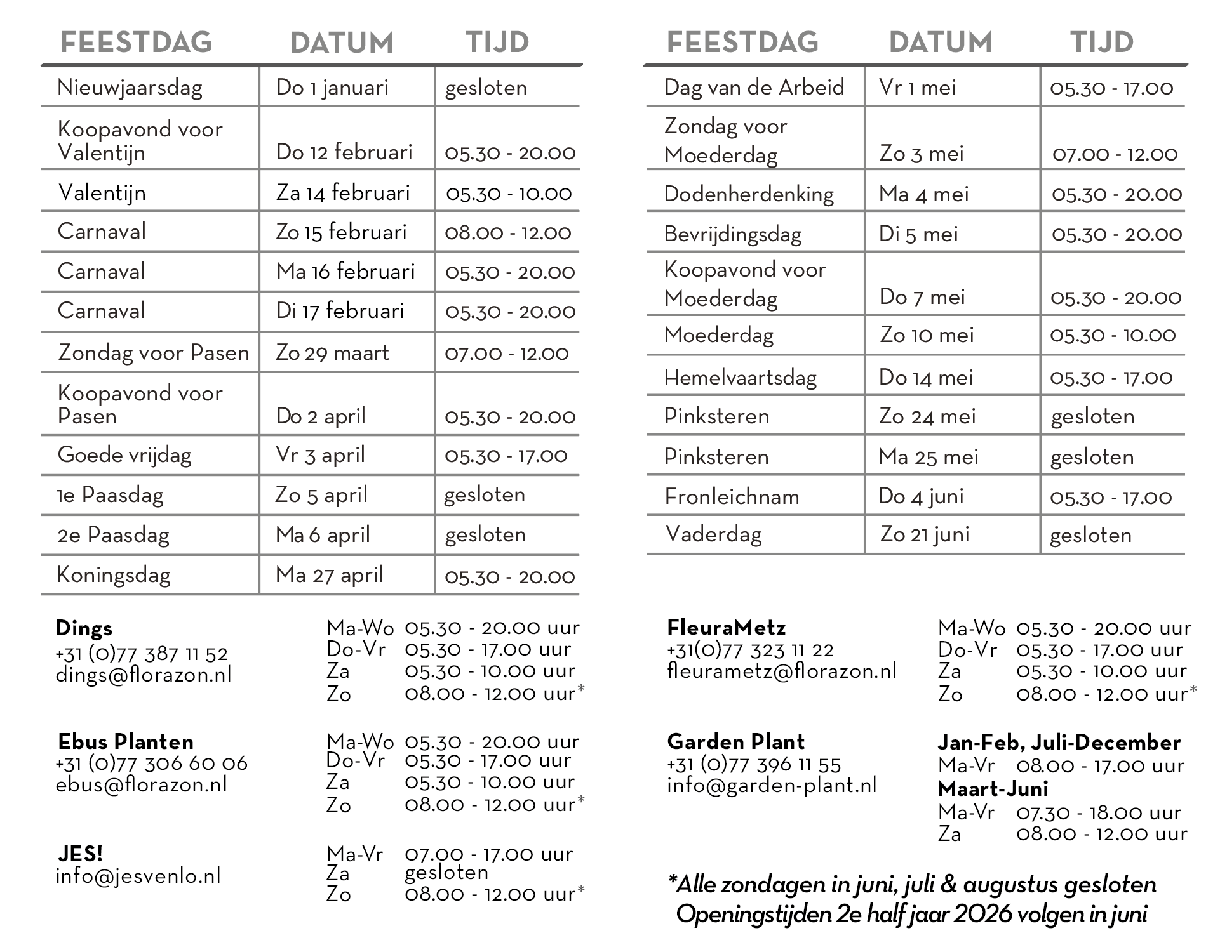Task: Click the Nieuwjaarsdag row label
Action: [130, 88]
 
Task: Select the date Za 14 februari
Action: [343, 192]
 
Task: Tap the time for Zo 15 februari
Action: [508, 232]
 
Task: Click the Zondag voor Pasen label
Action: [153, 352]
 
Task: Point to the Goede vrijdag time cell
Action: [506, 455]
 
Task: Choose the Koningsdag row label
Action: [114, 575]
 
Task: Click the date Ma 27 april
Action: [330, 575]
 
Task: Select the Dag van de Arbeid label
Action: [754, 87]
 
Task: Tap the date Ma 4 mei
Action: [923, 194]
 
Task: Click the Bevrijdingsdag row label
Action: [732, 234]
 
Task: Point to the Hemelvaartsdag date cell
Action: [925, 378]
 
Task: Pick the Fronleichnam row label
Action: [732, 496]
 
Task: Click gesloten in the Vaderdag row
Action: [1090, 535]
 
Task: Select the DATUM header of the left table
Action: [342, 43]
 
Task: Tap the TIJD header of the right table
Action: [1102, 43]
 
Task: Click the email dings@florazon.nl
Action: [144, 675]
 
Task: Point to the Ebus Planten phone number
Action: [151, 763]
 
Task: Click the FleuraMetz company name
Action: [726, 628]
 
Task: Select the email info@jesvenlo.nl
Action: [138, 876]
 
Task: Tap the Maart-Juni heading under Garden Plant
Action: [993, 789]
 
